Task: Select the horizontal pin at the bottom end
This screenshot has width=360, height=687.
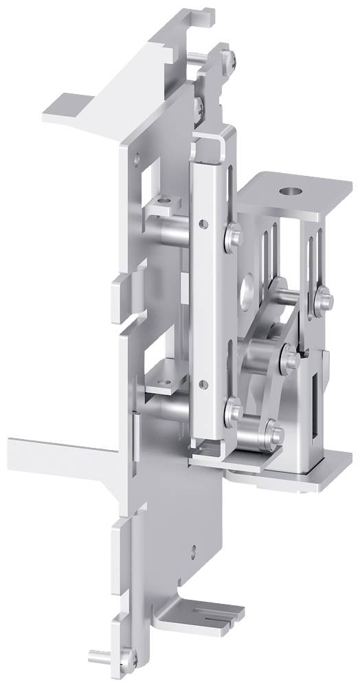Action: (101, 653)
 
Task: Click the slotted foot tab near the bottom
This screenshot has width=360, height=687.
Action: (206, 611)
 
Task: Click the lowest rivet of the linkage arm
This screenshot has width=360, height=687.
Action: (275, 433)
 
